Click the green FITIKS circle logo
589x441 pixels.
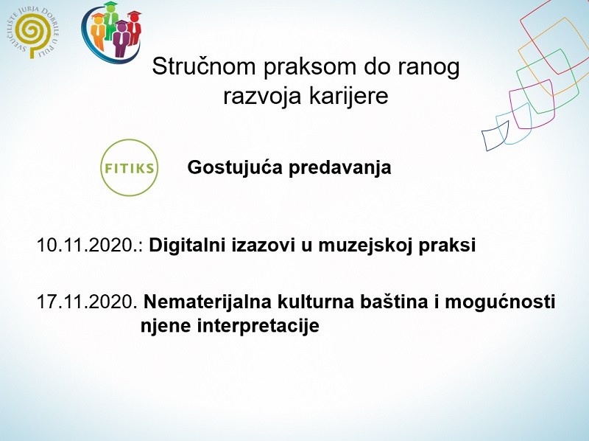(x=129, y=167)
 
